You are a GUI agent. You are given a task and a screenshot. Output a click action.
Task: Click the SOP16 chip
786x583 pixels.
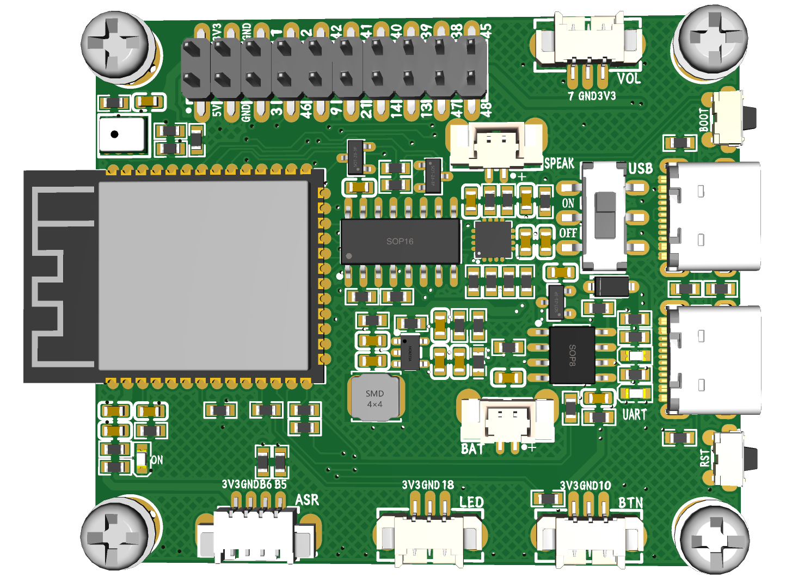(400, 241)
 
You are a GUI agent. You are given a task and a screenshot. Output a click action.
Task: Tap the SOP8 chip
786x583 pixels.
(572, 355)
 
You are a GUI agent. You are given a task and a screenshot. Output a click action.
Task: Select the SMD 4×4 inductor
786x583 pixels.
(374, 398)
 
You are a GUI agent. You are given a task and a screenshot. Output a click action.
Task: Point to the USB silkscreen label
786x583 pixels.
(640, 169)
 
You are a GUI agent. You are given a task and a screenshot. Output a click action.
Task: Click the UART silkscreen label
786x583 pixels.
(634, 415)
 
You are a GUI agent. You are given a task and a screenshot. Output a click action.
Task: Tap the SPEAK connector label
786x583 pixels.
(559, 163)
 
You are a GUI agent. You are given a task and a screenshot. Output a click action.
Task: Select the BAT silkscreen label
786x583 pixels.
(472, 449)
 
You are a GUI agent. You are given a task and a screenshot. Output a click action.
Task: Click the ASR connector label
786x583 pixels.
(306, 500)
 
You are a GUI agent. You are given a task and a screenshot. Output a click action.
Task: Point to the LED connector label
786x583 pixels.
(471, 502)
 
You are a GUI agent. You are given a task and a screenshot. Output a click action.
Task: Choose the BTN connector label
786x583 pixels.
(630, 502)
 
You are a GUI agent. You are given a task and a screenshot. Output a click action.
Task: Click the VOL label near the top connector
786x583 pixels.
(629, 78)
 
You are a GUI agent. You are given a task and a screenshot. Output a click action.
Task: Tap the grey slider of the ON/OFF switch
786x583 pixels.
(605, 216)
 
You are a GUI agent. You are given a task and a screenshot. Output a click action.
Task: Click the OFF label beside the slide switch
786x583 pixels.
(568, 233)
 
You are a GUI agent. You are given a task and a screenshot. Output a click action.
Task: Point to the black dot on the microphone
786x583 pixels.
(114, 134)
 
